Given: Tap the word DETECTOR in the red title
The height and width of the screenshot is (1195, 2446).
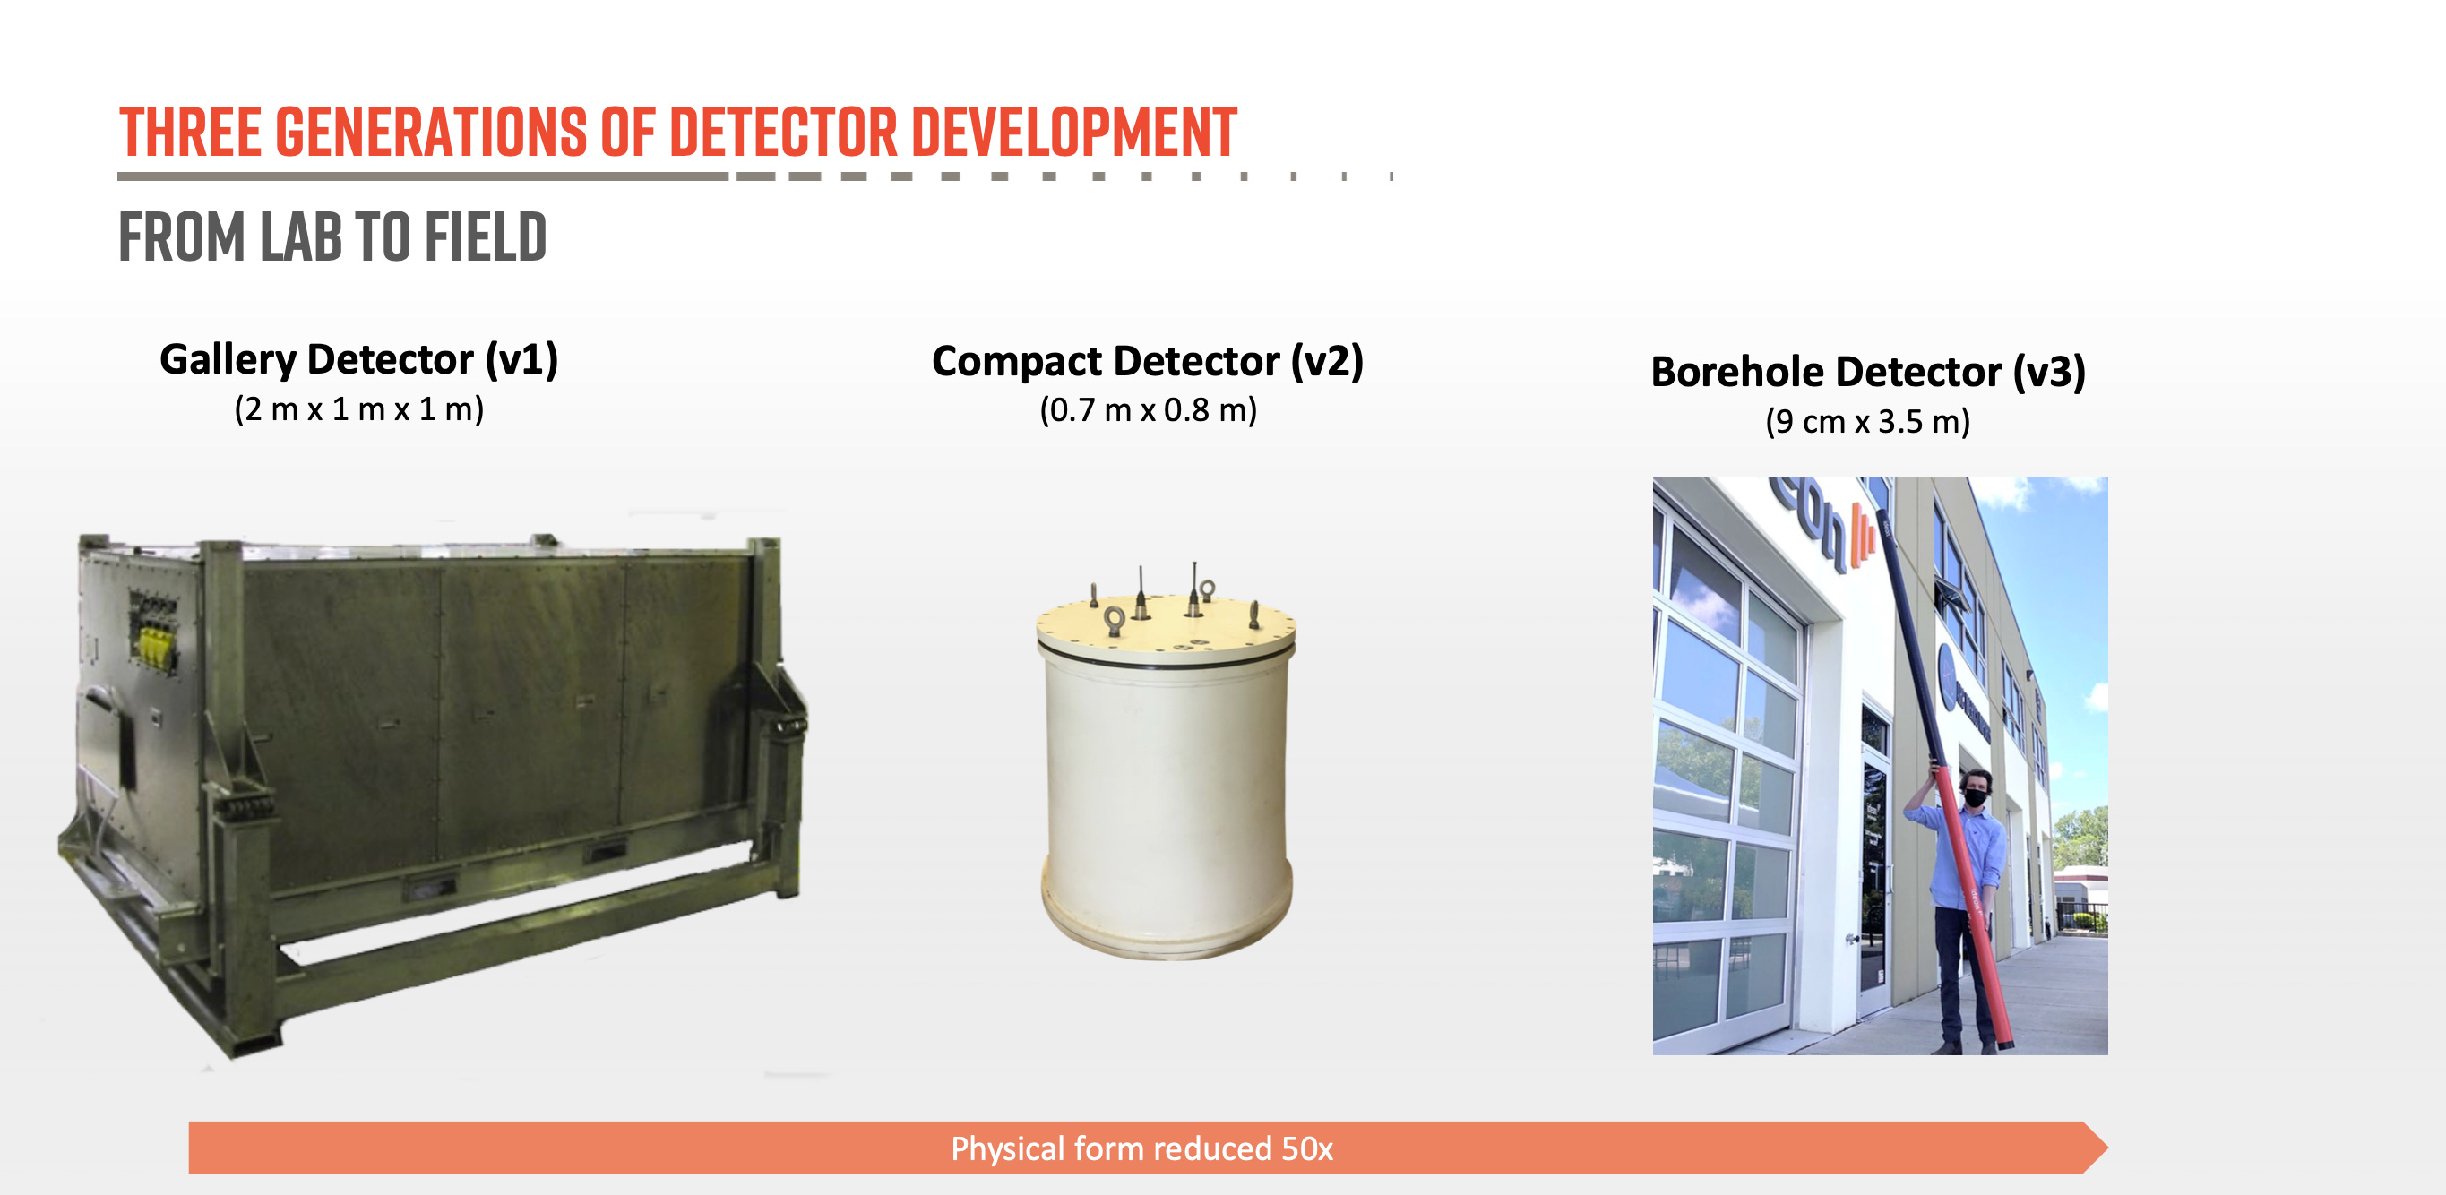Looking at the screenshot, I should (x=783, y=132).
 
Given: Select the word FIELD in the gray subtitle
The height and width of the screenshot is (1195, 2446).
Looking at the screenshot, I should (x=486, y=237).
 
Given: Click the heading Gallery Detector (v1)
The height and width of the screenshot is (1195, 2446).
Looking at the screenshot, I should (x=359, y=360).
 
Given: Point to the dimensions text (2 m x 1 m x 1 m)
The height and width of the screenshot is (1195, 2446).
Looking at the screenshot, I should (x=359, y=409).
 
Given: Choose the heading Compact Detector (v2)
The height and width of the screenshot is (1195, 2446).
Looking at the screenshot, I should (x=1147, y=362).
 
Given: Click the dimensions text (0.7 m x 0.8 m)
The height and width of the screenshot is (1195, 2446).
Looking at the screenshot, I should (x=1148, y=410).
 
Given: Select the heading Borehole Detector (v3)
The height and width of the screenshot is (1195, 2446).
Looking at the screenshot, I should (x=1868, y=372).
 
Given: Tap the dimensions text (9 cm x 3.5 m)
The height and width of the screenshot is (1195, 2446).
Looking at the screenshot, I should (x=1868, y=421).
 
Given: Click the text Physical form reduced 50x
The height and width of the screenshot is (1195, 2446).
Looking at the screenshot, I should (x=1141, y=1148).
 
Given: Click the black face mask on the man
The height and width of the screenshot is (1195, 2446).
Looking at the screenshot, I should (x=1976, y=799).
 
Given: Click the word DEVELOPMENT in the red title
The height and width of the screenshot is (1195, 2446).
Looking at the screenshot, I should (x=1073, y=132).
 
